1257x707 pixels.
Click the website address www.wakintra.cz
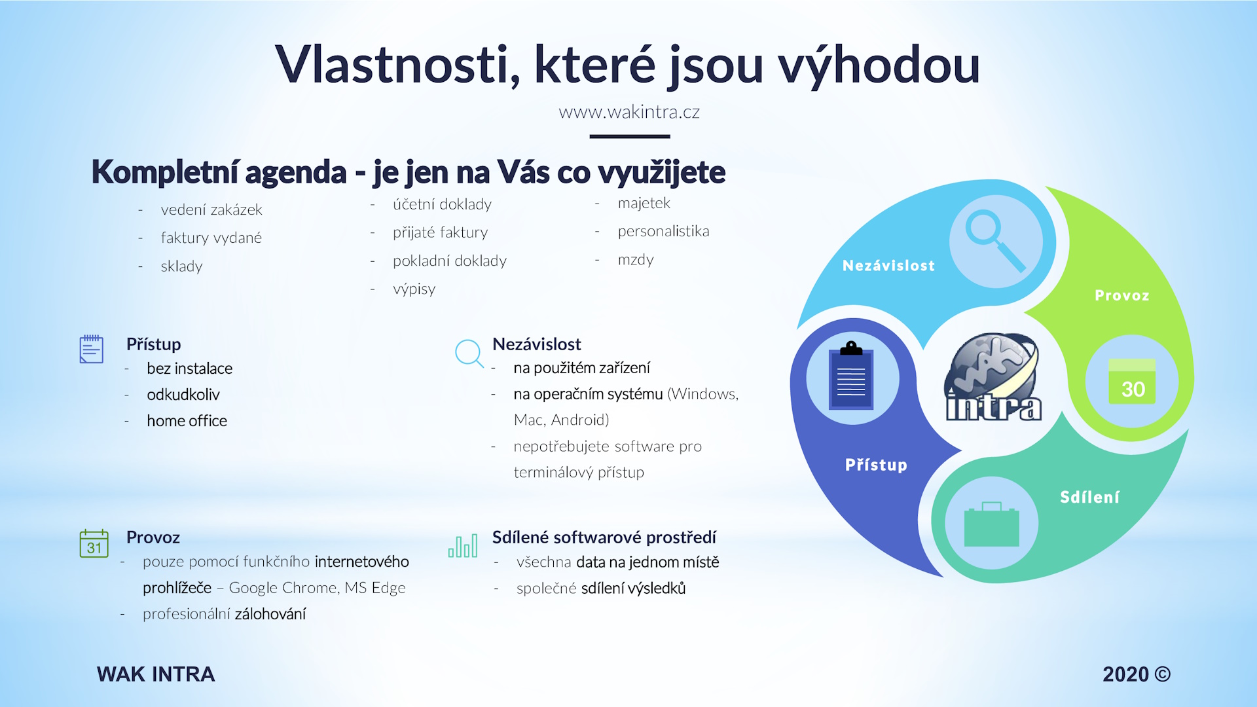[x=629, y=112]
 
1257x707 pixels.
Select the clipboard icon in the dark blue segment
[x=851, y=376]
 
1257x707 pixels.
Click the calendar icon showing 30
[x=1132, y=381]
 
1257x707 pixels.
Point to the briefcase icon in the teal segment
[x=991, y=524]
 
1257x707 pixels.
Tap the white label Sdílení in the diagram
[x=1089, y=498]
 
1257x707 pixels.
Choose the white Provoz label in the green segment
[x=1121, y=295]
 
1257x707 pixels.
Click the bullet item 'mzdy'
[x=636, y=260]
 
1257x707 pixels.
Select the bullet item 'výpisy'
[x=414, y=289]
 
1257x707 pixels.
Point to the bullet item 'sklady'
[x=181, y=266]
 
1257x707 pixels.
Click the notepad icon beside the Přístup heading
[x=92, y=349]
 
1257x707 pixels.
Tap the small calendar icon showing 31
[x=94, y=543]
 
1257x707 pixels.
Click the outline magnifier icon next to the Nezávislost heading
[x=469, y=353]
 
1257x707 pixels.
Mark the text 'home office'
[x=187, y=421]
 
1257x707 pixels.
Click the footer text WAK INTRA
[x=156, y=674]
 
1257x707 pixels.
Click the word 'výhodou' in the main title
[x=879, y=65]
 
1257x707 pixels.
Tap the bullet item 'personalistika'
[x=663, y=231]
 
